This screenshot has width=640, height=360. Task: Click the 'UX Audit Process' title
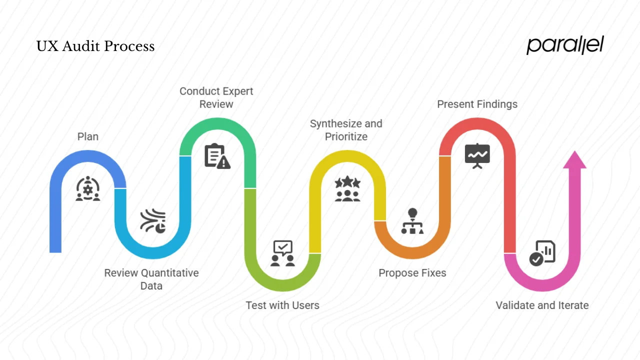click(x=95, y=46)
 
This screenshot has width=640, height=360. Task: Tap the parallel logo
click(x=565, y=45)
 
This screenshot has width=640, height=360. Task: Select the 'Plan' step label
click(x=88, y=136)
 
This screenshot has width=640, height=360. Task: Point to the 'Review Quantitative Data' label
click(x=151, y=279)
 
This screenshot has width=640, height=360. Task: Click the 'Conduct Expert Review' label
click(x=216, y=97)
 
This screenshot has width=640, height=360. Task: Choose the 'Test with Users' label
click(x=282, y=305)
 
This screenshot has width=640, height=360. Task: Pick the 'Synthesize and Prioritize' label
click(x=346, y=130)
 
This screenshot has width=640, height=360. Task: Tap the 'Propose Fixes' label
click(x=412, y=273)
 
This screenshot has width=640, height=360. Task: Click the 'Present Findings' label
click(x=477, y=104)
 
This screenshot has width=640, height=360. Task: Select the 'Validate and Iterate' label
click(x=542, y=305)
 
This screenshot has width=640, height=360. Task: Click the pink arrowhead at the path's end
click(x=574, y=160)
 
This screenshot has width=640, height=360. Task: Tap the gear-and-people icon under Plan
click(x=88, y=188)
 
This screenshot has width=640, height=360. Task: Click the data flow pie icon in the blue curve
click(x=153, y=221)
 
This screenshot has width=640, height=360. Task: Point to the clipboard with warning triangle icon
click(x=217, y=156)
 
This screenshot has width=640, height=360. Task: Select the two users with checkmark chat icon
click(x=282, y=253)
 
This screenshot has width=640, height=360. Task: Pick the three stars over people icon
click(x=347, y=189)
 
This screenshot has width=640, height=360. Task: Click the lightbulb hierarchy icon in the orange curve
click(x=412, y=221)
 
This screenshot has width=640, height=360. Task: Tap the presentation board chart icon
click(x=477, y=156)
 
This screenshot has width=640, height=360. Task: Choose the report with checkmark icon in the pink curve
click(x=542, y=253)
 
